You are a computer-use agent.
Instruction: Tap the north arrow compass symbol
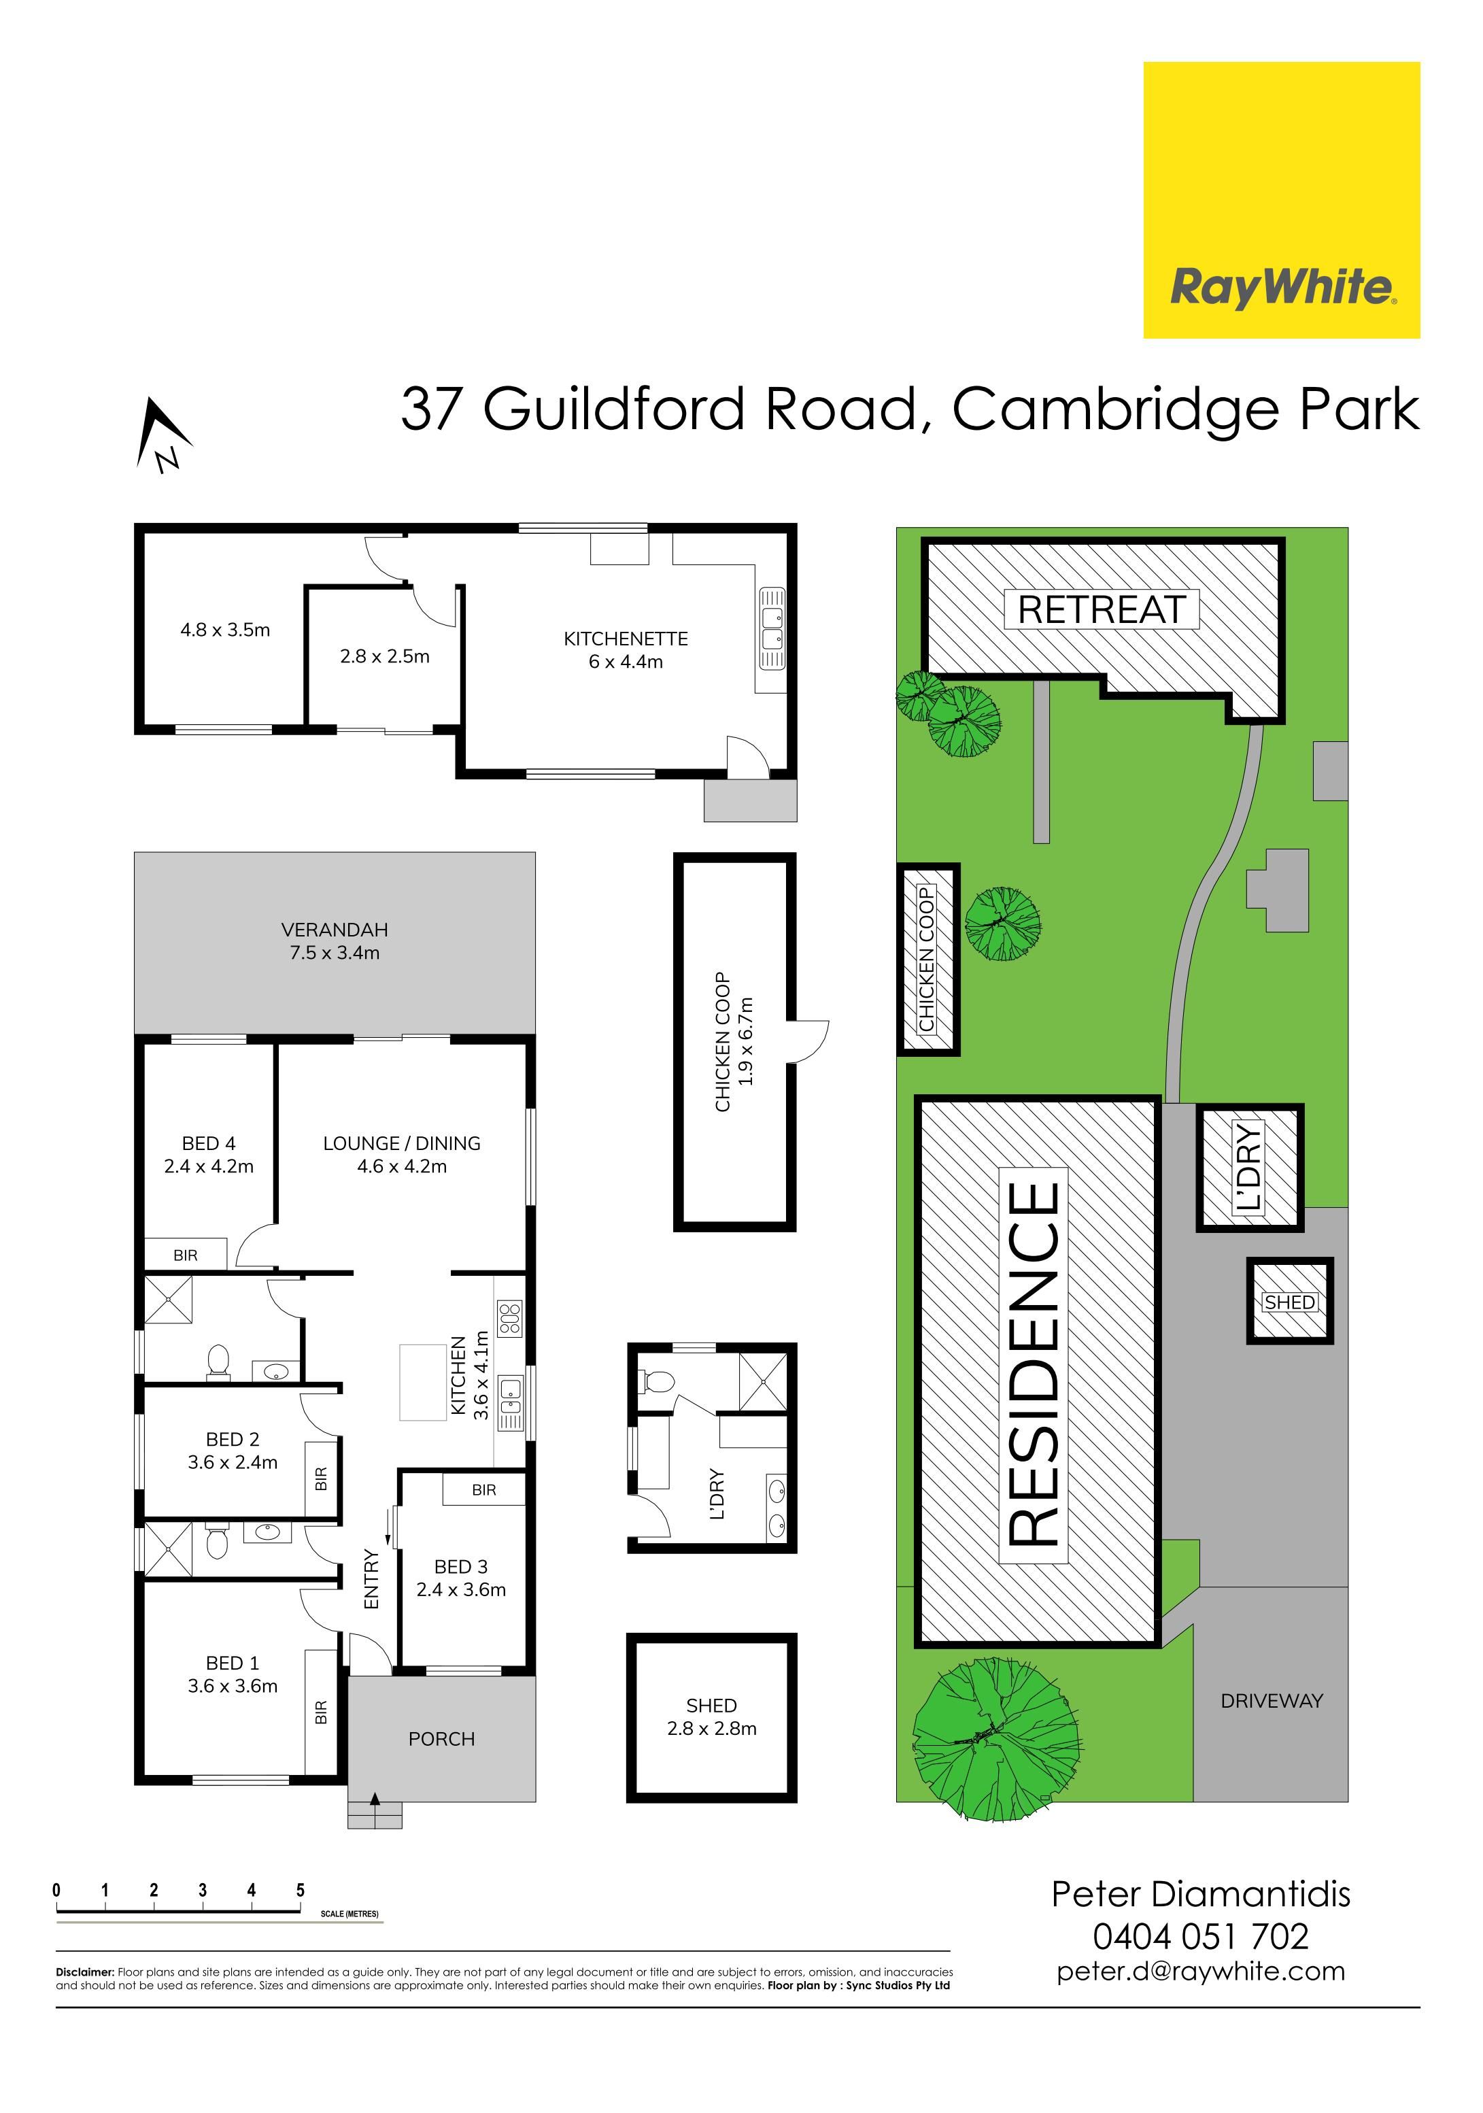tap(162, 435)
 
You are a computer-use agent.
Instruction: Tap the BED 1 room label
tap(233, 1663)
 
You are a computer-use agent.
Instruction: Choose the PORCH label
tap(441, 1738)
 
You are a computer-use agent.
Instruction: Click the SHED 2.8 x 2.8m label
tap(712, 1717)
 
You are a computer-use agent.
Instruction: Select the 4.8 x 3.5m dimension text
tap(225, 630)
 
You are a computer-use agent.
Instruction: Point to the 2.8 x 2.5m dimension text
tap(385, 656)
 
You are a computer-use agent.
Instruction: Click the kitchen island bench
tap(422, 1381)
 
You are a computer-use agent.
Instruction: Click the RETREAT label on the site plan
tap(1102, 609)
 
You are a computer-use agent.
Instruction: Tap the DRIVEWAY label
tap(1272, 1702)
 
